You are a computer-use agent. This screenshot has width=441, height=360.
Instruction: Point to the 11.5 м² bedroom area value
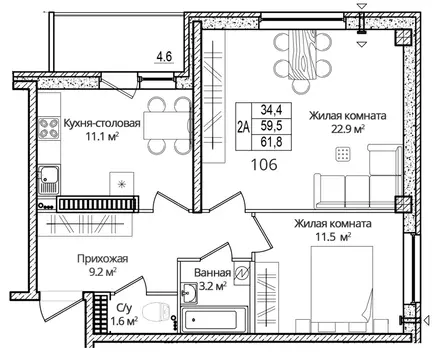pos(341,239)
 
